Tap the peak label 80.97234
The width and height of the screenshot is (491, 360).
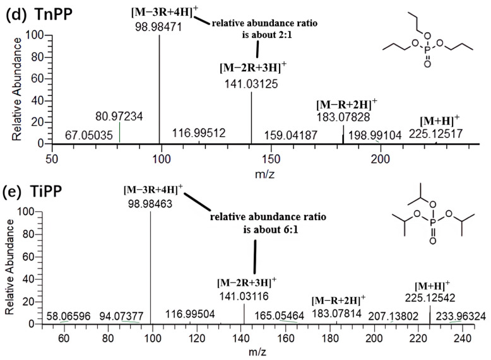click(x=119, y=116)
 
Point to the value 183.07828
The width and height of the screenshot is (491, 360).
click(x=343, y=117)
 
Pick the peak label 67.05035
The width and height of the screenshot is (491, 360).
click(x=88, y=135)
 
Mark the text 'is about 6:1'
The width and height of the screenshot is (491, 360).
click(x=269, y=230)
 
